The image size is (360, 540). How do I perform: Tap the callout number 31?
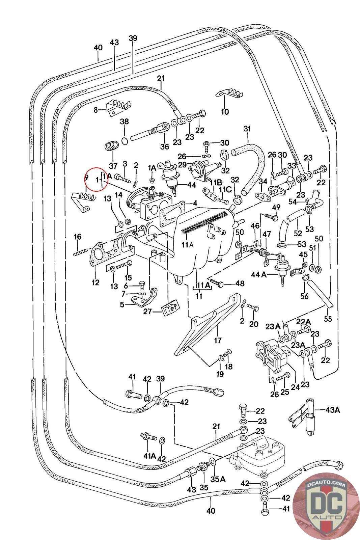247,129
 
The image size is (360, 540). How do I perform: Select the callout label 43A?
333,410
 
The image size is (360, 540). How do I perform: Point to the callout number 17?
218,341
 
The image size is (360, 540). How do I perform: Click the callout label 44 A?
259,275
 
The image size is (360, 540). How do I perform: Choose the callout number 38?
124,122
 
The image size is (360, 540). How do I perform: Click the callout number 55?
328,319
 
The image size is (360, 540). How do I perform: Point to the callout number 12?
95,282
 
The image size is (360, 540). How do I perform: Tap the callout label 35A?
218,479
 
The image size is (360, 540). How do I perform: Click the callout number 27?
147,312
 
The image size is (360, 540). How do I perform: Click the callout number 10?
225,112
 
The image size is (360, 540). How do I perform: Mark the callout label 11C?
225,189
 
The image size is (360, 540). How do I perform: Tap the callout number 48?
240,283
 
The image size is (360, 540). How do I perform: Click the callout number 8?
96,110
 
